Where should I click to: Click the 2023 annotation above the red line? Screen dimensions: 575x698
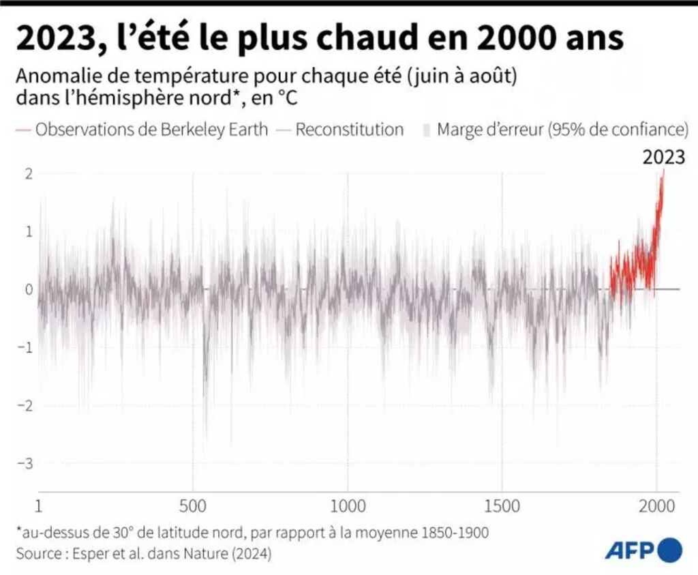tap(664, 158)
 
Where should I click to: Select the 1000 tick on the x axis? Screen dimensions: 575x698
tap(348, 507)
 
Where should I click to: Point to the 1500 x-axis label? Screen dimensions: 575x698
tap(502, 507)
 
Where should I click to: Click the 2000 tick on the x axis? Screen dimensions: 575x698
tap(656, 507)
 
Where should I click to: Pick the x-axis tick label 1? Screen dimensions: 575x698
tap(39, 507)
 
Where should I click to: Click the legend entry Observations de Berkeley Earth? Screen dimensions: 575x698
tap(151, 130)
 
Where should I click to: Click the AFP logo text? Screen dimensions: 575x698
tap(629, 549)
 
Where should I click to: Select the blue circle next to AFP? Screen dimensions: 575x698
tap(671, 549)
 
